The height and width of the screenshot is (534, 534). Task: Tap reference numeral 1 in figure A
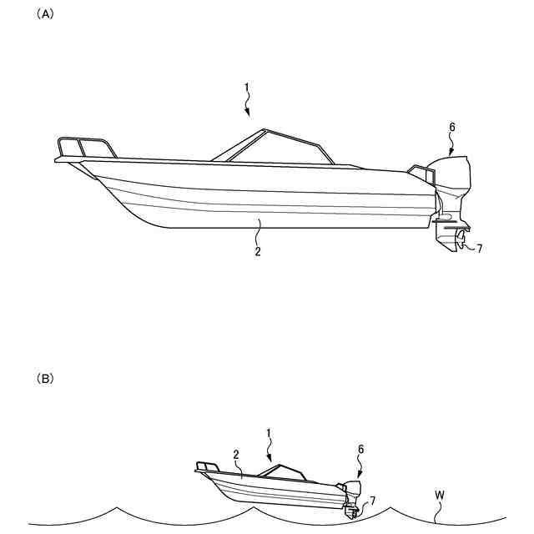click(x=246, y=87)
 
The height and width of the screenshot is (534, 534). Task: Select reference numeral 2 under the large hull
click(x=258, y=249)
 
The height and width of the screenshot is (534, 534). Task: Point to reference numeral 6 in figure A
click(x=451, y=128)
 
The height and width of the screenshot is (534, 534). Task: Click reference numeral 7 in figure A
click(x=479, y=249)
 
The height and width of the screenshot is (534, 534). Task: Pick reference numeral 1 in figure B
click(x=269, y=433)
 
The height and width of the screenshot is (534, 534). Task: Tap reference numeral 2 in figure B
click(x=237, y=455)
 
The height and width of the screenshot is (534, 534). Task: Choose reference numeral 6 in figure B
click(x=360, y=449)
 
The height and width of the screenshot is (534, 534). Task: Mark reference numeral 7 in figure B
click(x=372, y=500)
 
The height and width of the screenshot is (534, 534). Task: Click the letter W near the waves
click(x=439, y=496)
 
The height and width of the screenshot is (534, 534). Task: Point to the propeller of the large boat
click(x=458, y=243)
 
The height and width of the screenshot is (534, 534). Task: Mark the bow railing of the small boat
click(x=207, y=466)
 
